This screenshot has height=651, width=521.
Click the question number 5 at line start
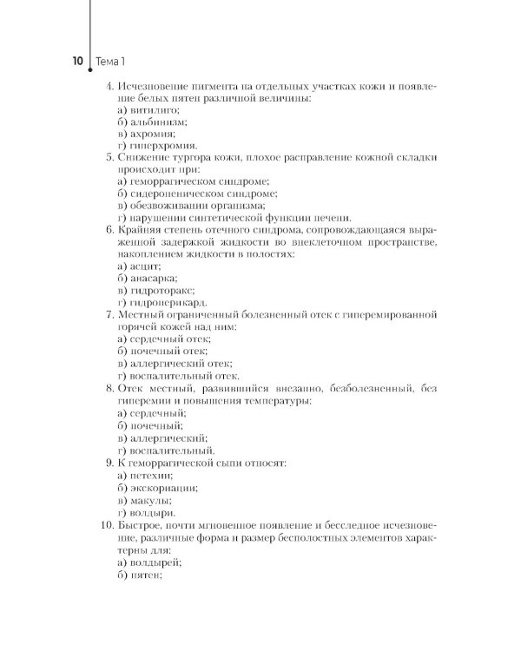(x=108, y=158)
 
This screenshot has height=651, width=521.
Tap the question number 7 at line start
(x=108, y=314)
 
